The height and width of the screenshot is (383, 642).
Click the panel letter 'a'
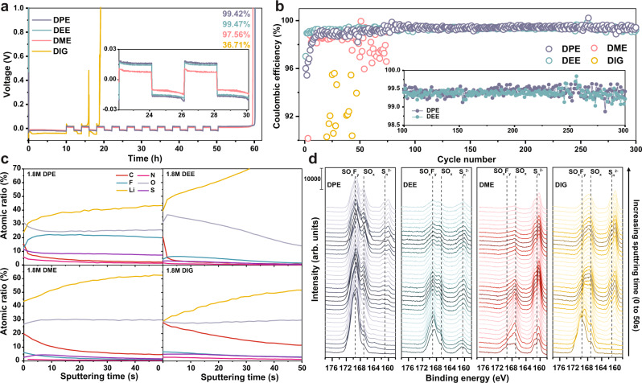(x=6, y=6)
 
